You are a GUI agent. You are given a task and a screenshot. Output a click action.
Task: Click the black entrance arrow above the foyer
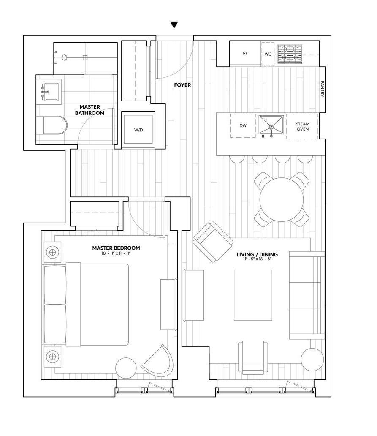pos(174,25)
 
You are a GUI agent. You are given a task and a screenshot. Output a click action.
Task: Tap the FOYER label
pos(182,85)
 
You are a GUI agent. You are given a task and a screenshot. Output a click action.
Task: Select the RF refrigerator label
pos(245,54)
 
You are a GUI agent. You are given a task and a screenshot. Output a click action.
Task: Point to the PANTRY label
pos(322,89)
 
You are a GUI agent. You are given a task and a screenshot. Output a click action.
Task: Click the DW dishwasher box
pos(243,125)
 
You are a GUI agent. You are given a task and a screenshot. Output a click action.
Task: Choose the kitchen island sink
pos(271,125)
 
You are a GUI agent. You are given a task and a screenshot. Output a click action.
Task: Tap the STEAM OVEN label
pos(302,126)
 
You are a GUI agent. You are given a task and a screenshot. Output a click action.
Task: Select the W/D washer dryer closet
pos(138,130)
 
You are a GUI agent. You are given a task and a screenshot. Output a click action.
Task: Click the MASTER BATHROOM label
pos(90,110)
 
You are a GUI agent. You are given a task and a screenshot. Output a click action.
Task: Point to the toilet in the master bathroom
pos(55,125)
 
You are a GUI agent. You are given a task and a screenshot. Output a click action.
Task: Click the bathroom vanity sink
pos(51,91)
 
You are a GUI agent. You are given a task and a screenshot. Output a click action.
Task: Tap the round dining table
pos(282,200)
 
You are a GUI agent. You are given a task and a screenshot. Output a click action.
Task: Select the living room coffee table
pos(253,295)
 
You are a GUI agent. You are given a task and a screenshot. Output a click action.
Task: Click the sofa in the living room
pos(307,295)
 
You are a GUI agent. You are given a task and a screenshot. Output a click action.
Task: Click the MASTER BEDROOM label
pos(116,248)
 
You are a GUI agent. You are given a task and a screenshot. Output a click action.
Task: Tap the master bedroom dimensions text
pos(116,253)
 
